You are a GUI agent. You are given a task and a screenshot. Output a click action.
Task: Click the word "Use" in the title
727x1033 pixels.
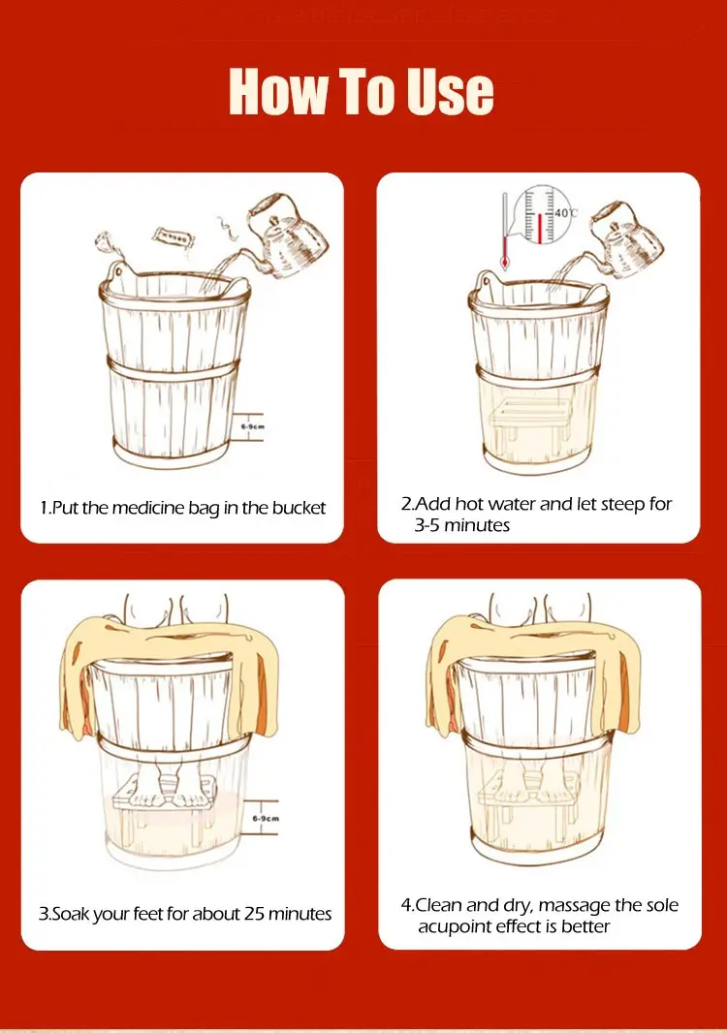coord(450,91)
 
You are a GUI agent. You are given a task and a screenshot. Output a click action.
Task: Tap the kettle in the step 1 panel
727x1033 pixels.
coord(285,235)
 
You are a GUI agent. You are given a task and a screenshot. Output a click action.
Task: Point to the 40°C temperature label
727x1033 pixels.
coord(565,213)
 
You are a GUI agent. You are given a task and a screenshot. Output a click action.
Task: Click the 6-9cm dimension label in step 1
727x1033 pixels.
coord(252,426)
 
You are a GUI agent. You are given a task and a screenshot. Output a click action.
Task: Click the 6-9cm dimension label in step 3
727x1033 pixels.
coord(266,818)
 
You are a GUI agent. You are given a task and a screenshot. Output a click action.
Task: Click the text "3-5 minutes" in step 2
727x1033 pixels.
coord(462,525)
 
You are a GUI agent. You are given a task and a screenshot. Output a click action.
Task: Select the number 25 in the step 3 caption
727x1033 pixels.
coord(254,914)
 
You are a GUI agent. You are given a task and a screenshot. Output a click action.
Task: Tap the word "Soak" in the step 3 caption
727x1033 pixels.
coord(70,914)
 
